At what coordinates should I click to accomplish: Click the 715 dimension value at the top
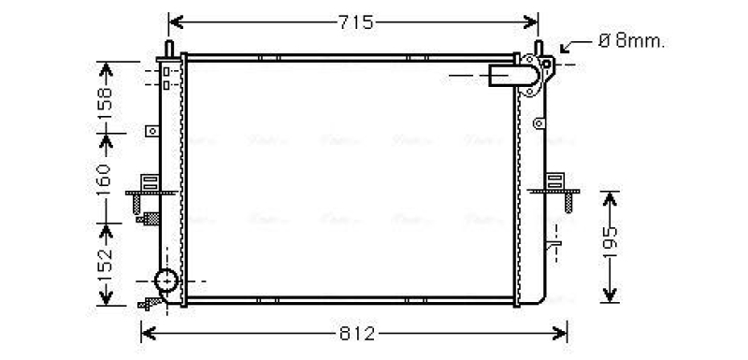[354, 22]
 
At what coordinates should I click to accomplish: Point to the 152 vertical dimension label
[105, 265]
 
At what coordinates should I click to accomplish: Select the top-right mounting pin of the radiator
[539, 48]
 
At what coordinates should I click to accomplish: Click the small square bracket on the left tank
[151, 132]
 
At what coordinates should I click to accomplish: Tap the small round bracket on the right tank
[538, 123]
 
